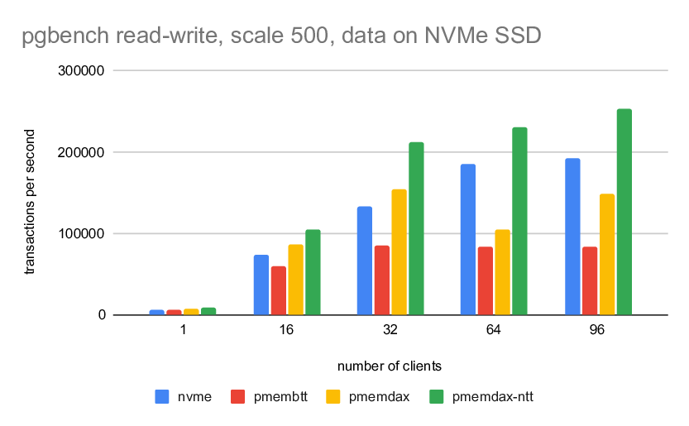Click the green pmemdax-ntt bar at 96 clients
[624, 212]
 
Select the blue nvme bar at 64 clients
[468, 239]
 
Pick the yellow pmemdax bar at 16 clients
[295, 280]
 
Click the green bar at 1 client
[208, 311]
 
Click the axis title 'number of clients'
[390, 366]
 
